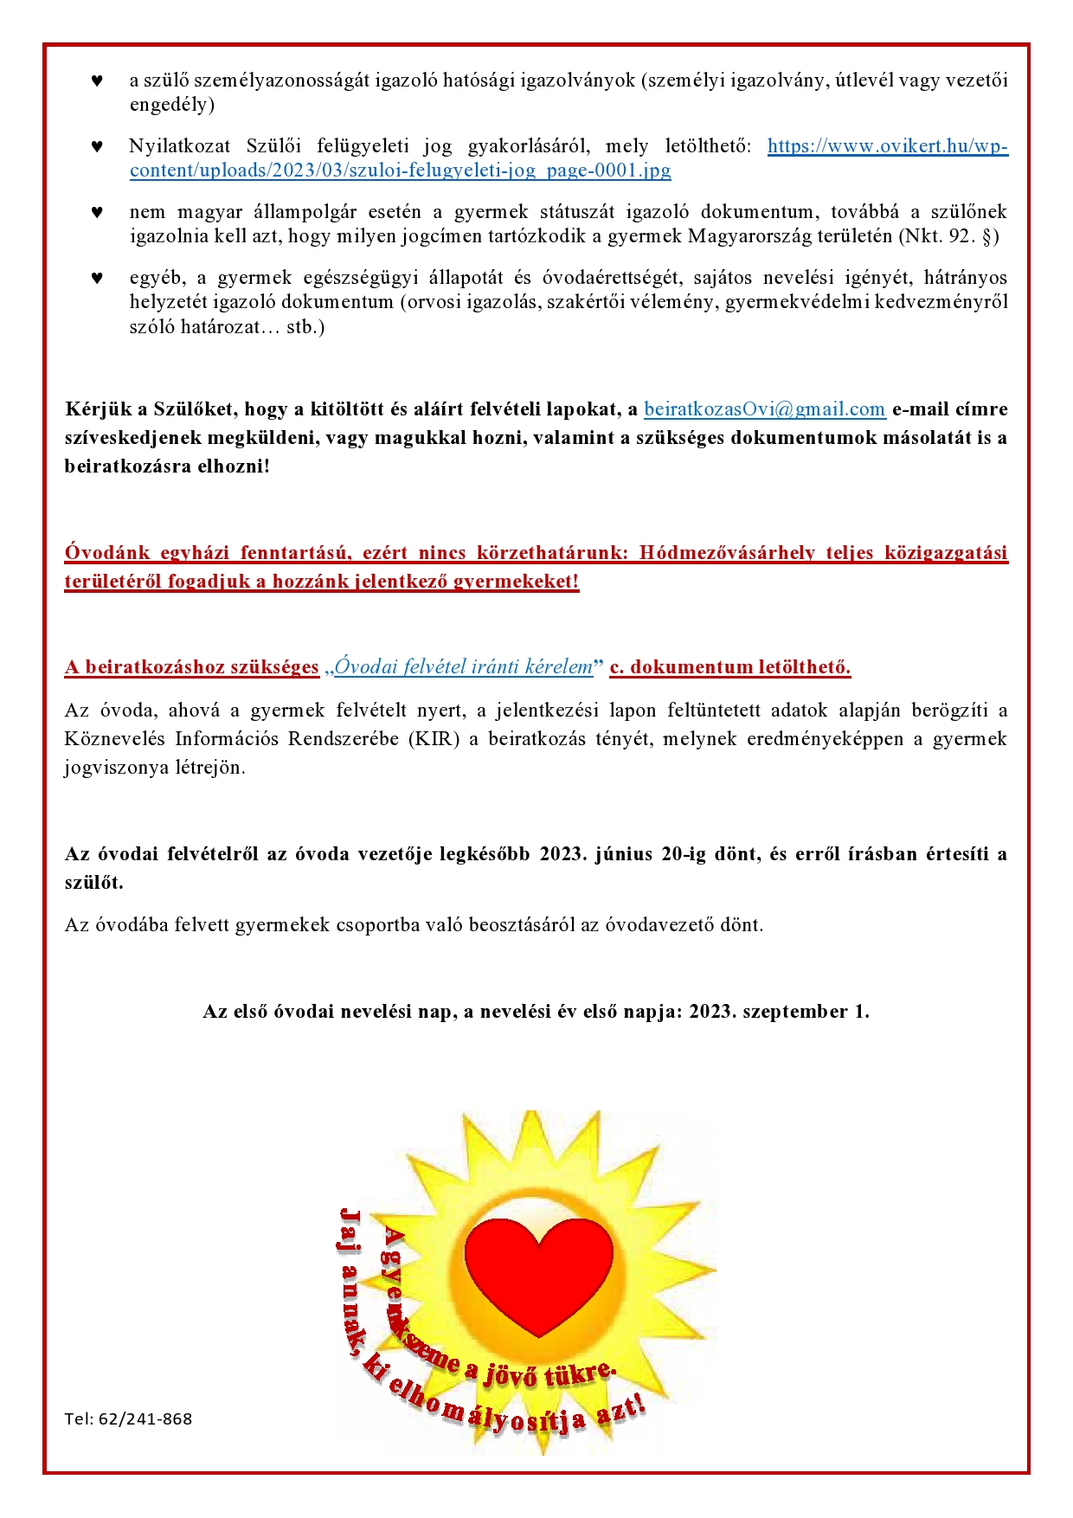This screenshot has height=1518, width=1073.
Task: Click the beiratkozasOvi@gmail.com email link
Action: click(764, 409)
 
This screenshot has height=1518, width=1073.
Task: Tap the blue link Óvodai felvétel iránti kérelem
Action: click(463, 666)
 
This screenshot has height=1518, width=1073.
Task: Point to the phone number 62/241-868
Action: click(145, 1418)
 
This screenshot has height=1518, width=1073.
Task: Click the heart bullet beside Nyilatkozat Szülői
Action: click(97, 147)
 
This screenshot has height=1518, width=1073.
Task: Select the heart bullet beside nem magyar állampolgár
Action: click(97, 213)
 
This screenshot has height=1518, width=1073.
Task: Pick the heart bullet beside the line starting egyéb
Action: click(97, 279)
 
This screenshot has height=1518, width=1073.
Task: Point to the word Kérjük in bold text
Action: click(95, 409)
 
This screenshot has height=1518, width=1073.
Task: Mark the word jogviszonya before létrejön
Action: click(112, 768)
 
